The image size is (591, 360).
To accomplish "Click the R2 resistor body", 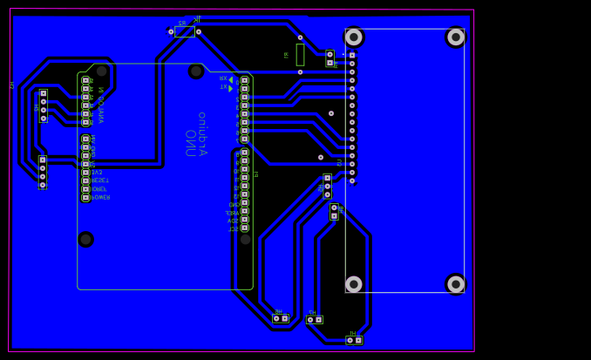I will [184, 31].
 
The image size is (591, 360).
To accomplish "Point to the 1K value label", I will [197, 18].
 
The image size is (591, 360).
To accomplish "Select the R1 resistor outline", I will [300, 54].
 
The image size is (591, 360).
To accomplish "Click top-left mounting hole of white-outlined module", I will [354, 37].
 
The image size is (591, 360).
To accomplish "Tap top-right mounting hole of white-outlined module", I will [455, 37].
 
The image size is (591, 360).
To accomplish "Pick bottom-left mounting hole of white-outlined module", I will [354, 284].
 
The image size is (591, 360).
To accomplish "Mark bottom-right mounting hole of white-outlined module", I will [455, 283].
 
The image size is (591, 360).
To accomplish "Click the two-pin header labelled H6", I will [281, 318].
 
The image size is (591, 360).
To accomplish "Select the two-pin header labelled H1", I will [354, 340].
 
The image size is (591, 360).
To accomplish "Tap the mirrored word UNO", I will [190, 143].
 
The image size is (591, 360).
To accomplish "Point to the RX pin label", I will [224, 78].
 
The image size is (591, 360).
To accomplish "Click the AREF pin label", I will [231, 213].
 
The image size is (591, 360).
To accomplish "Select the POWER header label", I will [100, 197].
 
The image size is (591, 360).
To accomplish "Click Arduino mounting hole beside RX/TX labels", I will [196, 71].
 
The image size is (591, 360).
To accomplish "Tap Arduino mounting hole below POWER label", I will [85, 239].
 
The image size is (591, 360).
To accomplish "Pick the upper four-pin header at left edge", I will [43, 105].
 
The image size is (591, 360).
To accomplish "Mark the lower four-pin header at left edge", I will [42, 172].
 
